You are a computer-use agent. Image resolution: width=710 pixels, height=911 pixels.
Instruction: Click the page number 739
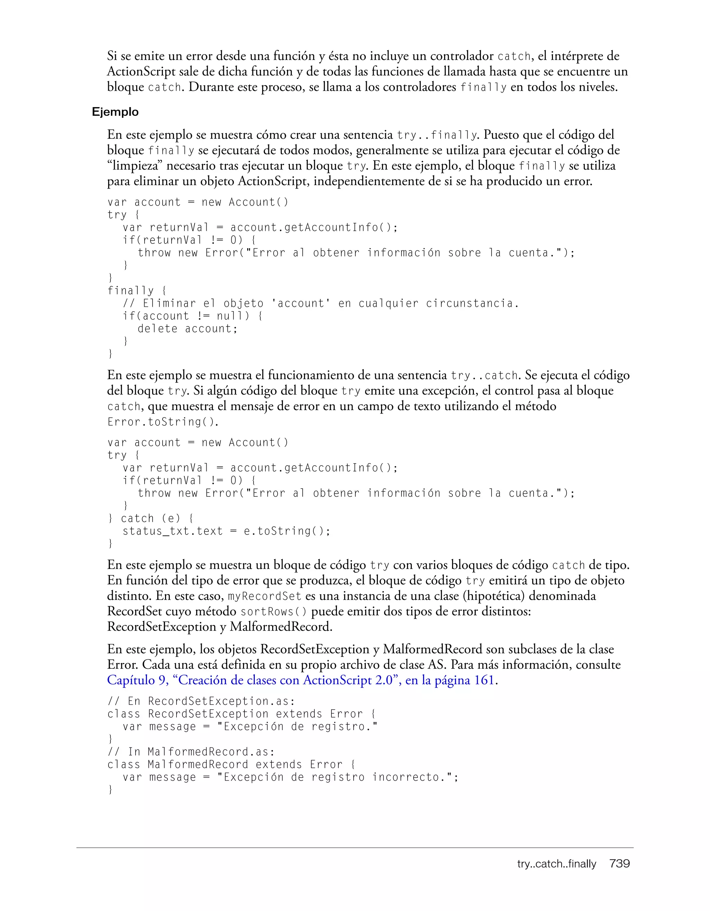pyautogui.click(x=619, y=864)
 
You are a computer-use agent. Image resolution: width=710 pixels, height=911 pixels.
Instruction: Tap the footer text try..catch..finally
pyautogui.click(x=556, y=864)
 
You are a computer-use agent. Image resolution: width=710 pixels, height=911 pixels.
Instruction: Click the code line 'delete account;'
pyautogui.click(x=187, y=329)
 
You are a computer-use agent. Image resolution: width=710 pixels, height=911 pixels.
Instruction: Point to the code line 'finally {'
pyautogui.click(x=136, y=291)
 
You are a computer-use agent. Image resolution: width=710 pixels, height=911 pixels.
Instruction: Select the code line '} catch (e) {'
pyautogui.click(x=150, y=519)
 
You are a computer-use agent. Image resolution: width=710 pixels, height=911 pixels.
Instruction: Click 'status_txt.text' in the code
pyautogui.click(x=173, y=531)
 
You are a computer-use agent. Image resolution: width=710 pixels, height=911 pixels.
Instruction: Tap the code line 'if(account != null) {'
pyautogui.click(x=192, y=316)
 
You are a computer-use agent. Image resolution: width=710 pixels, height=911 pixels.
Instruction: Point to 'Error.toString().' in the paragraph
pyautogui.click(x=163, y=422)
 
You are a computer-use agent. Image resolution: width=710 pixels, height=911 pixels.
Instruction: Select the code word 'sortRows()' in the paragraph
pyautogui.click(x=274, y=612)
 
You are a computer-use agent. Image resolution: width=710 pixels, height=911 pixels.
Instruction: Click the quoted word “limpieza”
pyautogui.click(x=135, y=166)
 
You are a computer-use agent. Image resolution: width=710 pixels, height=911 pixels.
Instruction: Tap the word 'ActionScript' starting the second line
pyautogui.click(x=141, y=72)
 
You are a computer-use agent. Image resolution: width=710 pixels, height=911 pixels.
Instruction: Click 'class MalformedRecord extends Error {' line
pyautogui.click(x=231, y=765)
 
